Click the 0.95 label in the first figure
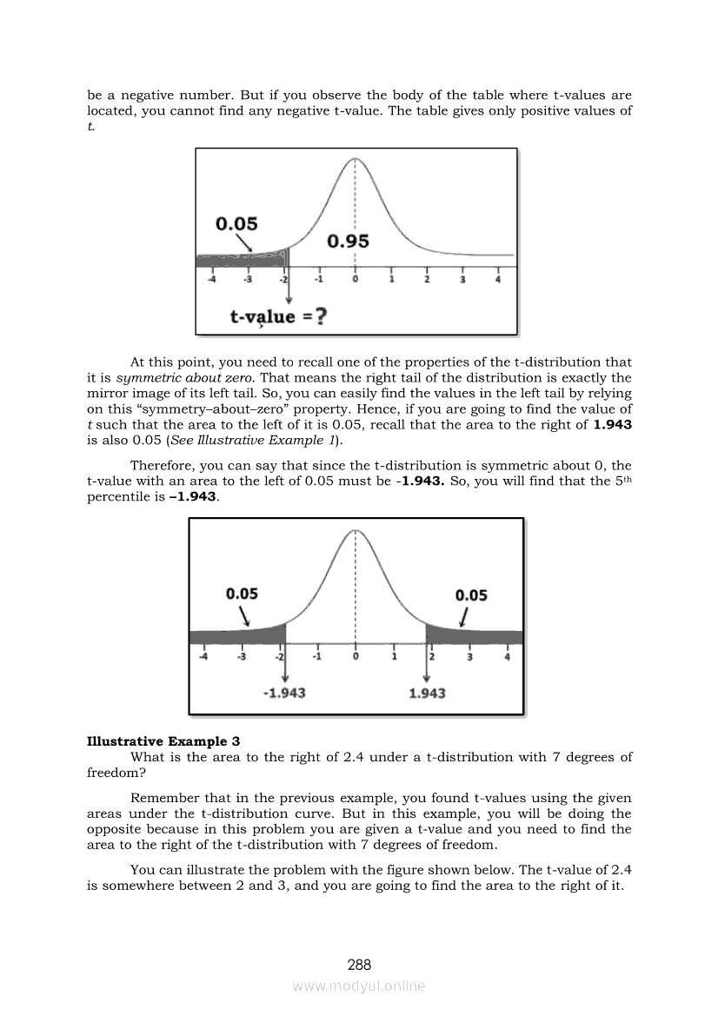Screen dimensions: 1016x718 tap(348, 242)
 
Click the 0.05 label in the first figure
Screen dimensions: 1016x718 tap(236, 224)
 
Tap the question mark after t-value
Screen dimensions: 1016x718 tap(321, 317)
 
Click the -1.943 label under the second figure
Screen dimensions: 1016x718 tap(283, 694)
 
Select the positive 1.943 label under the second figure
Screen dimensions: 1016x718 tap(427, 694)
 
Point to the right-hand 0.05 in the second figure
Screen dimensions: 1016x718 tap(471, 595)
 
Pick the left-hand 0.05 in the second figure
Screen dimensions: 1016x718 tap(242, 594)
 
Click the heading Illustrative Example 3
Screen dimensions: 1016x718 tap(163, 741)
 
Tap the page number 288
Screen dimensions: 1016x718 tap(359, 965)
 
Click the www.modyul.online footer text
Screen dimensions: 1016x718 tap(359, 986)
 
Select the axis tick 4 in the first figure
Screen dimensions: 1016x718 tap(497, 281)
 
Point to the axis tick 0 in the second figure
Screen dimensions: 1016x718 tap(355, 657)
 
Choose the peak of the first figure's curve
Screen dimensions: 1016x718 tap(355, 160)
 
